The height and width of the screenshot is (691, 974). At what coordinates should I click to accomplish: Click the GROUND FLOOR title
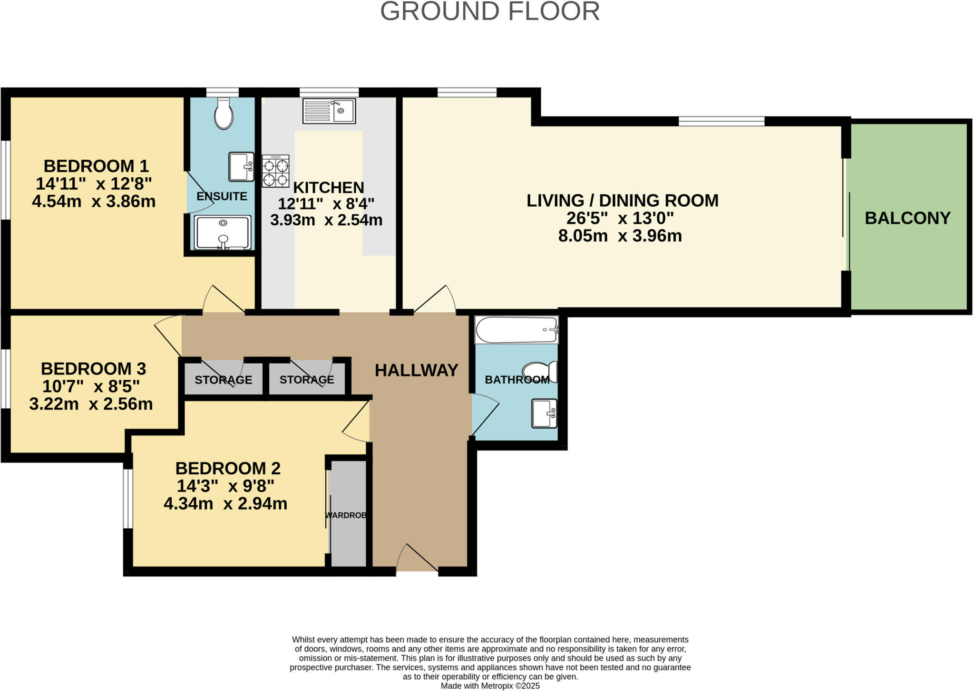pyautogui.click(x=489, y=11)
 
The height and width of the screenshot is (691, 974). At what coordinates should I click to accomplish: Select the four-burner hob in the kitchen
pyautogui.click(x=275, y=171)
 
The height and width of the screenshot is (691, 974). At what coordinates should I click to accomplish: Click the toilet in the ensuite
pyautogui.click(x=223, y=114)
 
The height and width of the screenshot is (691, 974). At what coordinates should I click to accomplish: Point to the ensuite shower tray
pyautogui.click(x=222, y=232)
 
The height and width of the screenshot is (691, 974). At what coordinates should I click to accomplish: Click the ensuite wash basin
pyautogui.click(x=241, y=167)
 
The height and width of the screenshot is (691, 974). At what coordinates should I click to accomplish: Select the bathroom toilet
pyautogui.click(x=540, y=371)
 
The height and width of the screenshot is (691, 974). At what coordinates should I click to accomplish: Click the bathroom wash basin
pyautogui.click(x=544, y=413)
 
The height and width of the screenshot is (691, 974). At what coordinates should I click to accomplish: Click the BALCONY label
pyautogui.click(x=907, y=218)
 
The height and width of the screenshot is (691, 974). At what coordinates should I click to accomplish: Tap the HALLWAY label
pyautogui.click(x=416, y=370)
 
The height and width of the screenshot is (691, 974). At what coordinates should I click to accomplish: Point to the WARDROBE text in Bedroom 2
pyautogui.click(x=346, y=515)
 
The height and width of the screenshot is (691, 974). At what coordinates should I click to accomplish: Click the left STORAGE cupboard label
pyautogui.click(x=223, y=380)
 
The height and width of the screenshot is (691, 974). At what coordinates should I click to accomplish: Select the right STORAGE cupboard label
pyautogui.click(x=307, y=380)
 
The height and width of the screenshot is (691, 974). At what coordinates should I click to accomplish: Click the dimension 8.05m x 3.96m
pyautogui.click(x=620, y=236)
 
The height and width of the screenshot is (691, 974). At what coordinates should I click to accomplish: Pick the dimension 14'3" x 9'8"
pyautogui.click(x=225, y=486)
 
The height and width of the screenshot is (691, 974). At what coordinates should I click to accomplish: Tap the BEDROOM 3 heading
pyautogui.click(x=93, y=369)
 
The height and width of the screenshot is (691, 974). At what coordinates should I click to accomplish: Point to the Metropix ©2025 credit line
pyautogui.click(x=490, y=686)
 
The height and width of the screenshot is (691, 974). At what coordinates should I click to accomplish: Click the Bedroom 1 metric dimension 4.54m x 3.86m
pyautogui.click(x=94, y=202)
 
